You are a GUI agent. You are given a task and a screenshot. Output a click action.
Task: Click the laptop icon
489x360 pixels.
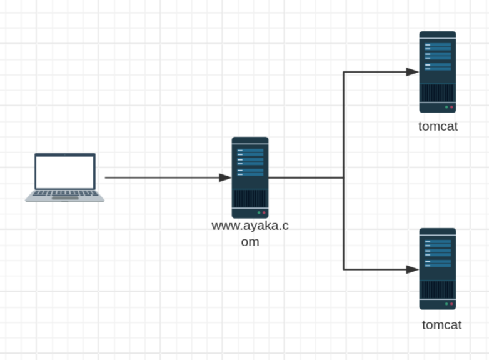[x=65, y=177]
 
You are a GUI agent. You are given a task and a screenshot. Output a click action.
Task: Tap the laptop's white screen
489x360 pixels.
[x=65, y=172]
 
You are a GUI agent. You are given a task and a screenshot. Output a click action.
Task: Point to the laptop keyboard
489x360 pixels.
[x=65, y=194]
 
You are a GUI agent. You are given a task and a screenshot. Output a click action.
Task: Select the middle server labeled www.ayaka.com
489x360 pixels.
[x=250, y=177]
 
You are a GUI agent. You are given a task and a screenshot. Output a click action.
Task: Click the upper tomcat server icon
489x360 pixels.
[x=438, y=72]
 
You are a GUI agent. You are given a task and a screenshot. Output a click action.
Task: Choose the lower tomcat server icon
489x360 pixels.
[x=438, y=269]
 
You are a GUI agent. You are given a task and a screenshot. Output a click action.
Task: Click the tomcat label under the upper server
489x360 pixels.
[x=438, y=126]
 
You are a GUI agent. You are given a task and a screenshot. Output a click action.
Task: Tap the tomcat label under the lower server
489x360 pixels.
[x=441, y=325]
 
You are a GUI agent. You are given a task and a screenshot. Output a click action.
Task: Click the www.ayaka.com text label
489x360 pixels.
[x=250, y=233]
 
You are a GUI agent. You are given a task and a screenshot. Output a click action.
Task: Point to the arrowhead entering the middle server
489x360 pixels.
[x=226, y=177]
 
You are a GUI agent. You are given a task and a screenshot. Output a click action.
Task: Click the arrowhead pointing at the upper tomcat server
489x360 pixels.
[x=413, y=72]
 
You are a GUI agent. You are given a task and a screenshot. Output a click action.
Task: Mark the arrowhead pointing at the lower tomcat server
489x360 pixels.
[x=413, y=269]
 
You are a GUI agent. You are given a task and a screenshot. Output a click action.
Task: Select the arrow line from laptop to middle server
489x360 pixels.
[x=163, y=177]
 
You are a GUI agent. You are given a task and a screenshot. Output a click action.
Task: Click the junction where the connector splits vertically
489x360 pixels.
[x=343, y=177]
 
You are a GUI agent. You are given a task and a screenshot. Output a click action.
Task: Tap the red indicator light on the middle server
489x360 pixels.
[x=264, y=212]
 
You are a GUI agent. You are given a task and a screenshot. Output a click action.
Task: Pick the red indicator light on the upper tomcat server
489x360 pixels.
[x=451, y=107]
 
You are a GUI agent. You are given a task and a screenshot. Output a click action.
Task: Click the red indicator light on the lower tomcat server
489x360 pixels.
[x=451, y=304]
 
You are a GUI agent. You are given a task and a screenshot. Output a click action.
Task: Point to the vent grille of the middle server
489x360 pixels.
[x=250, y=199]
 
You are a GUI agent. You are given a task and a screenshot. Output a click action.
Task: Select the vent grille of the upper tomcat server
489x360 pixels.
[x=438, y=93]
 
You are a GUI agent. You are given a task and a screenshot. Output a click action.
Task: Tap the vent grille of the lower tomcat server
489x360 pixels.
[x=438, y=290]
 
